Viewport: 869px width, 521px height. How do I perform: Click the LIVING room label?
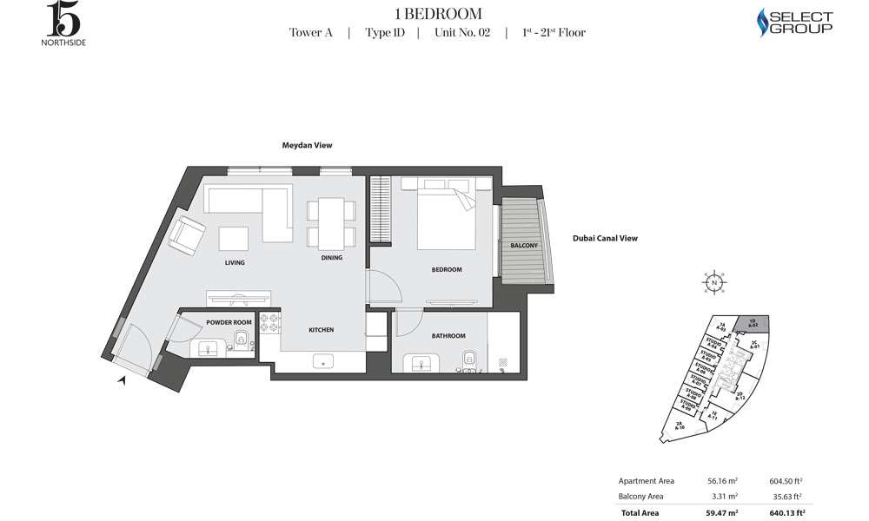(234, 261)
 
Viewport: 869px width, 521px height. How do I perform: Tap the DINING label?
(331, 257)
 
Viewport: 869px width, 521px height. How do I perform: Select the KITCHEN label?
(321, 330)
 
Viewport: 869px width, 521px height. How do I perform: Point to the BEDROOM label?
(447, 269)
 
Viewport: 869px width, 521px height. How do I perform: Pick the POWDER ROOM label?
(229, 322)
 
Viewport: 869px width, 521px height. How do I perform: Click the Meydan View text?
(306, 146)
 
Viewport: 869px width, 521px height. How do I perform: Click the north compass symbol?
(713, 283)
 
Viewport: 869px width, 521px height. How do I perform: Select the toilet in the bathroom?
(468, 357)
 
